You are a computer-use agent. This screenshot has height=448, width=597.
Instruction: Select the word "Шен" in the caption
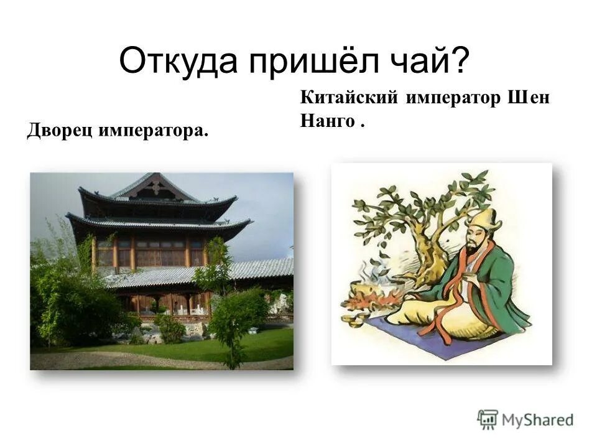tap(529, 98)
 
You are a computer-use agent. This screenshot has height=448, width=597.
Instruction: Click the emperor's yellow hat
tap(484, 220)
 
